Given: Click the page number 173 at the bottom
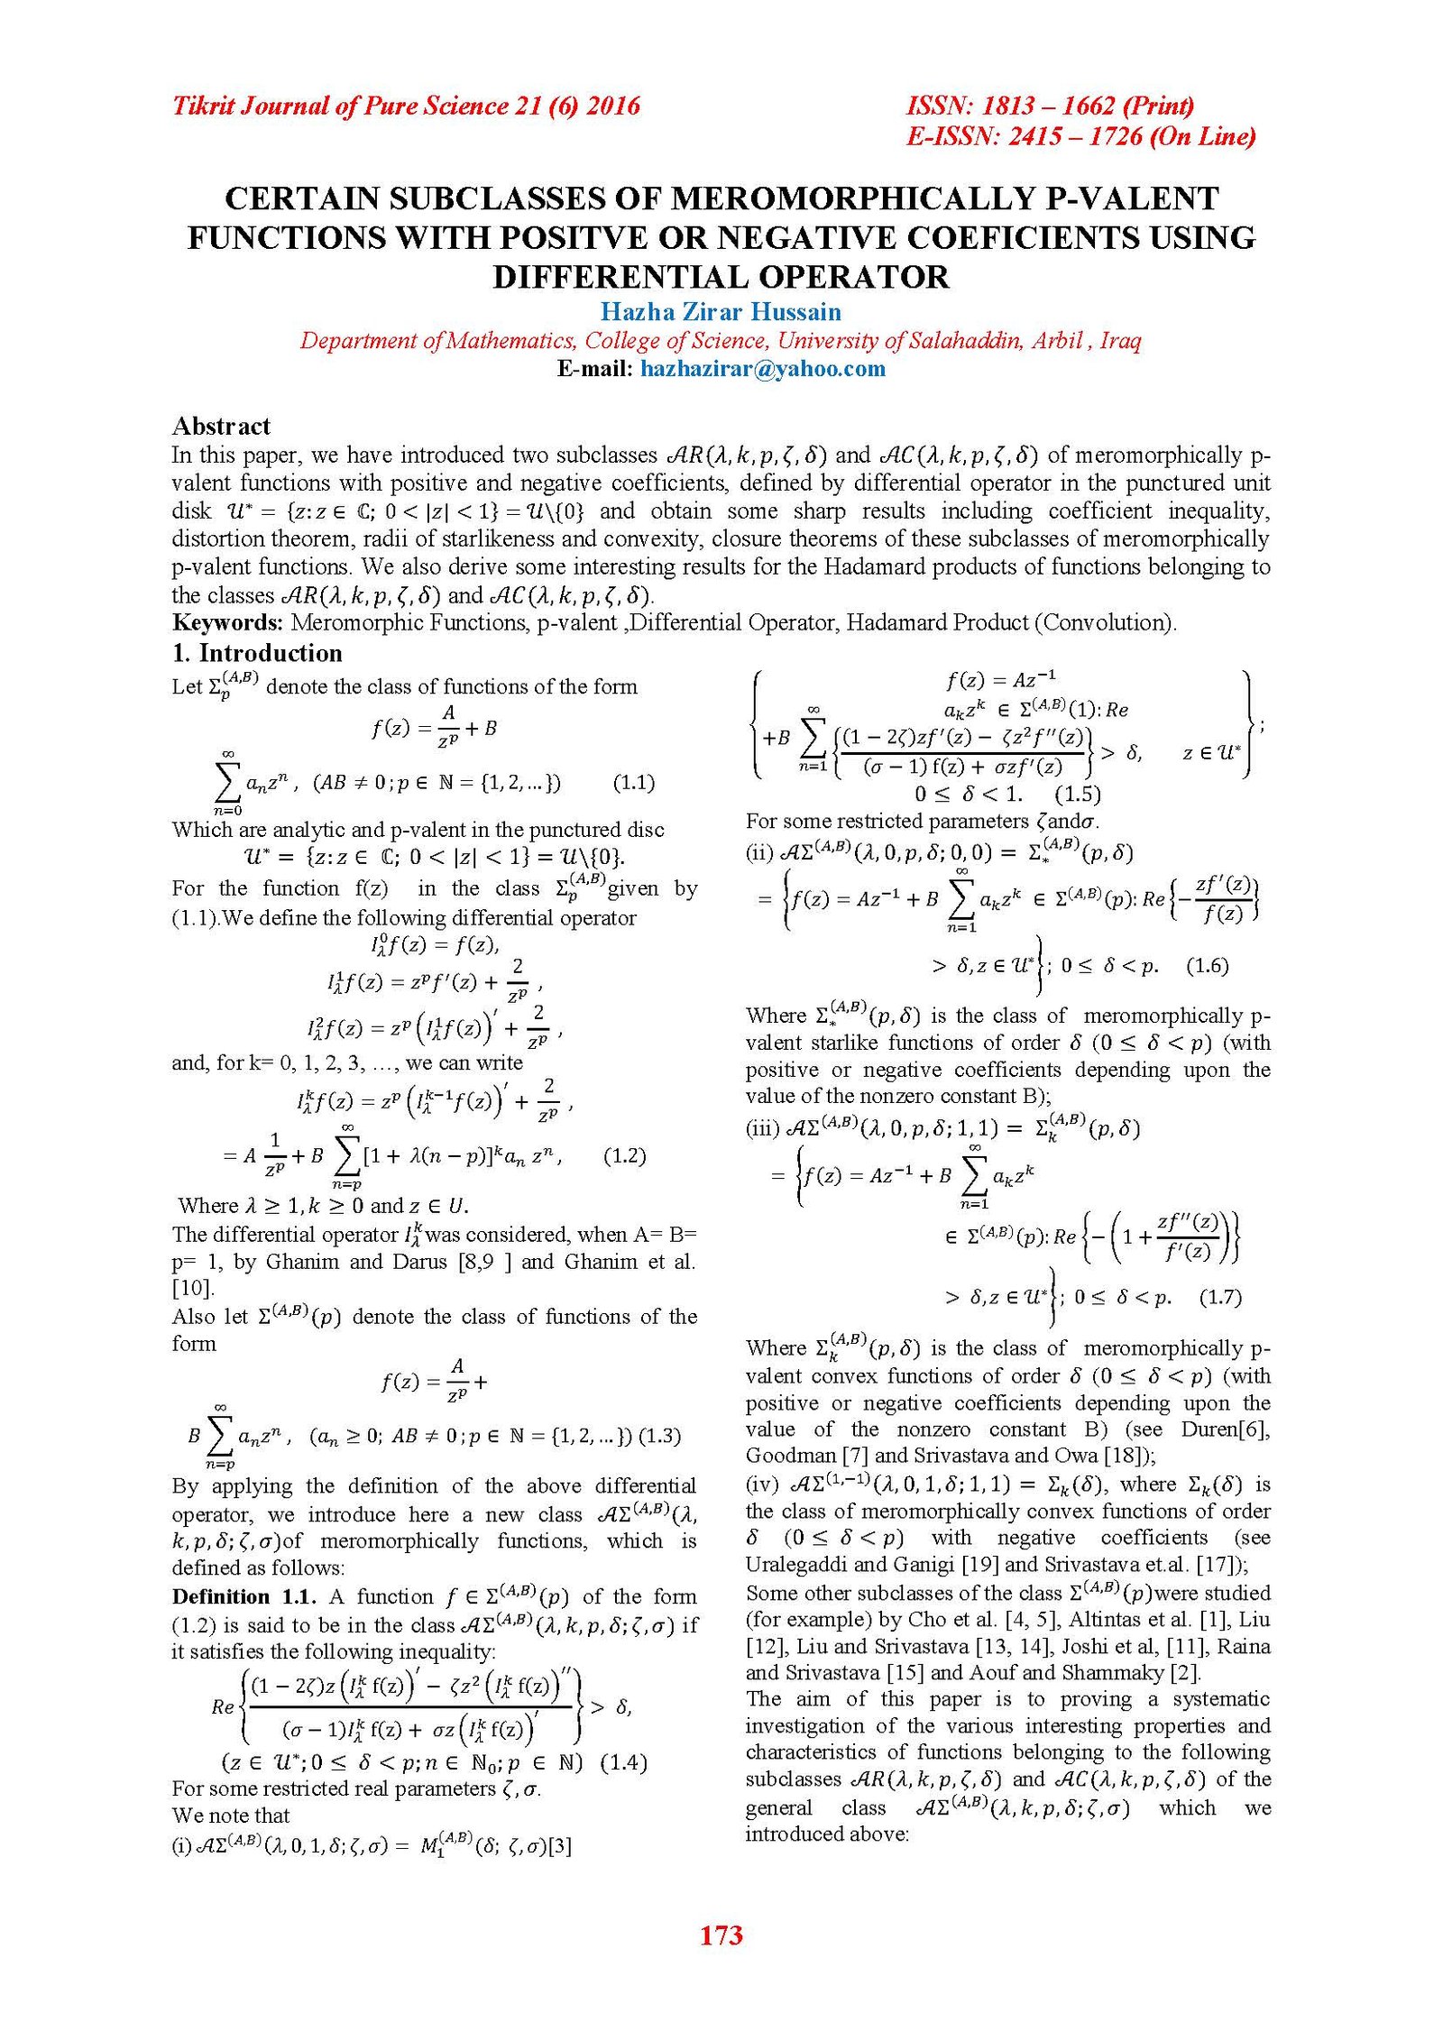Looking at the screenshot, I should [x=721, y=1935].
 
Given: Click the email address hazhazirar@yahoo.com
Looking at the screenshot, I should [x=762, y=368].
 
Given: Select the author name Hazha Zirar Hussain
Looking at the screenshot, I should [x=721, y=311].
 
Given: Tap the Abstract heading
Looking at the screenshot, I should [x=221, y=426].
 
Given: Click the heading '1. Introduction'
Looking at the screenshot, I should [x=257, y=653].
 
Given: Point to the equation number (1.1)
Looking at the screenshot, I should [x=633, y=782].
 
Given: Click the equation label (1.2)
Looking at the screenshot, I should [x=624, y=1155].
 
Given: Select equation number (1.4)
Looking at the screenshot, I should [x=623, y=1762].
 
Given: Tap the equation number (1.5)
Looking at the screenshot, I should [x=1077, y=794].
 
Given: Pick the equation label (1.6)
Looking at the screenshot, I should [x=1207, y=966].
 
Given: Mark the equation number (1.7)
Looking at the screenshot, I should [x=1219, y=1297].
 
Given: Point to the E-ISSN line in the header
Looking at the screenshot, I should [x=1080, y=136].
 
